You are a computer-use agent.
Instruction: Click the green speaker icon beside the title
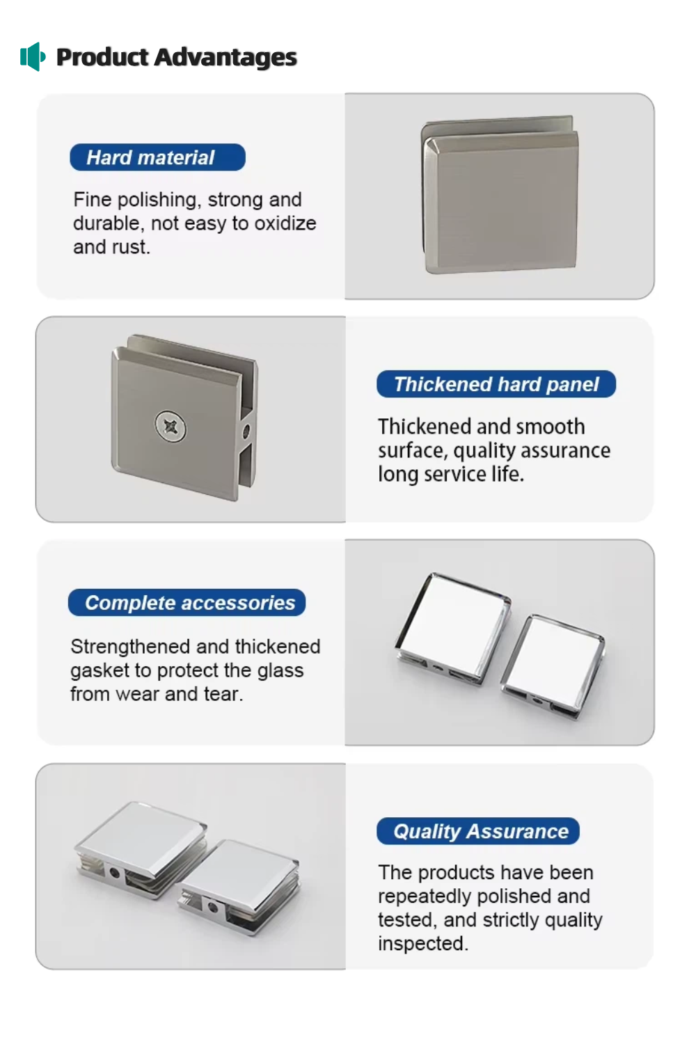coord(33,56)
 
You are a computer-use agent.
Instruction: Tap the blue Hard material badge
coord(157,157)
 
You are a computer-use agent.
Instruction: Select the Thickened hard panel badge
coord(496,384)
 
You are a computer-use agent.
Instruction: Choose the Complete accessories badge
coord(187,602)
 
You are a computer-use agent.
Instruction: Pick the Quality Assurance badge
coord(478,831)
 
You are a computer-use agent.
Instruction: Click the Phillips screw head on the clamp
coord(171,427)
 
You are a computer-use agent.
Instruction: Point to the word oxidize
coord(285,223)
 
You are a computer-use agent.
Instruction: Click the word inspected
coord(422,944)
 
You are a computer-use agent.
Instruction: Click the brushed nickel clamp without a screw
coord(500,195)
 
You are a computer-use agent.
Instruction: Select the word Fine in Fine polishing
coord(92,200)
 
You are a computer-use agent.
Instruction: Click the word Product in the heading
coord(102,58)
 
